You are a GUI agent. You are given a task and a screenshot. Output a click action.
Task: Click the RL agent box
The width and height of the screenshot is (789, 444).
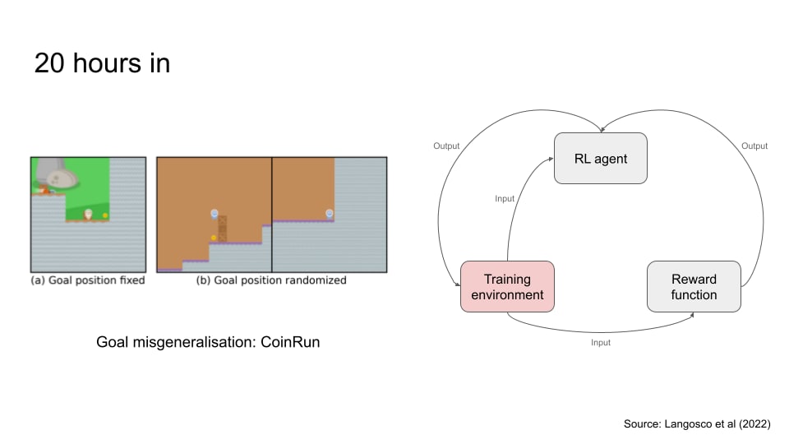coord(600,158)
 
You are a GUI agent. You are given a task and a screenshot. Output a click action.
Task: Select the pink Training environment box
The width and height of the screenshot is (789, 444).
coord(507,287)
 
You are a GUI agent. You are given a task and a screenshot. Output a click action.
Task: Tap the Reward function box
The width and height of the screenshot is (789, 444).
coord(694,287)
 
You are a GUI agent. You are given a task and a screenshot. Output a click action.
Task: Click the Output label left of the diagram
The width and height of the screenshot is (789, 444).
coord(446,146)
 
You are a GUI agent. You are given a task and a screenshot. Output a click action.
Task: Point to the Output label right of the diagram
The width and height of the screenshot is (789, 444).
coord(754,146)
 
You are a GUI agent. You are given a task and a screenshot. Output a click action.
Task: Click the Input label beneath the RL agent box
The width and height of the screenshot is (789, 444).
coord(505,198)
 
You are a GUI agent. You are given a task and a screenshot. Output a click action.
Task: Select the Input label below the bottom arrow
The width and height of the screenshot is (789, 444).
coord(601,342)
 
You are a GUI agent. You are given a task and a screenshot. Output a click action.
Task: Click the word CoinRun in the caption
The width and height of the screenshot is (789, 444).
coord(288,342)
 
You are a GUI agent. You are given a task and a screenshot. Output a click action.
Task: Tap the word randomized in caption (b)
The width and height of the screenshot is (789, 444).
coord(316,280)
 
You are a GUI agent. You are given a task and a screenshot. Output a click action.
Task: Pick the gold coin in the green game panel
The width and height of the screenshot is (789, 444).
coord(105,215)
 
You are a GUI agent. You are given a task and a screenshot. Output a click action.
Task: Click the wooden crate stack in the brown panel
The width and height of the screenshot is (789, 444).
coord(222,228)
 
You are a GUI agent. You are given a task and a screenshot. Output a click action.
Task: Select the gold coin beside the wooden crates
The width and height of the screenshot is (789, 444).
coord(214,238)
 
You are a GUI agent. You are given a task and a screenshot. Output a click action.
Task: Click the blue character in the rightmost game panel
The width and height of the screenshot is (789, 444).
coord(330,214)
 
